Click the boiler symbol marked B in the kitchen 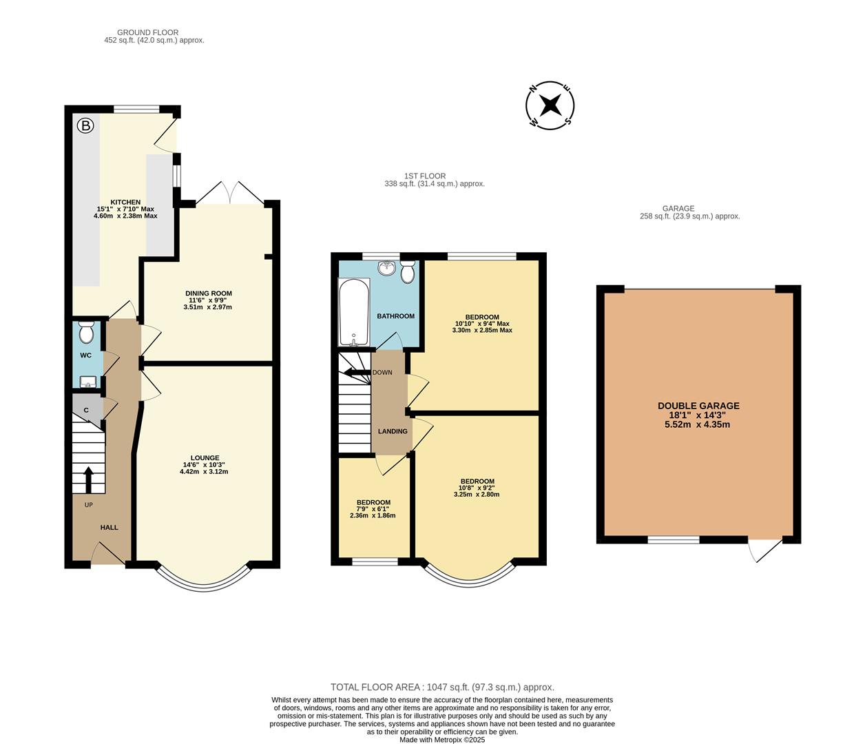[85, 125]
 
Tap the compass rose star [550, 105]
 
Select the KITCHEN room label [125, 203]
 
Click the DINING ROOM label [209, 293]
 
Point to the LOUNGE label [205, 458]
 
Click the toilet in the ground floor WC [87, 332]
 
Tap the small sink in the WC [87, 382]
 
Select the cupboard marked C [87, 411]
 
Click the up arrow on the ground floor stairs [88, 479]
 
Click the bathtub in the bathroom [354, 312]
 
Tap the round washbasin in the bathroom [387, 269]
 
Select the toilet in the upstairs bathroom [407, 271]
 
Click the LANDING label [393, 431]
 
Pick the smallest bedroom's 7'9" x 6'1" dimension [373, 509]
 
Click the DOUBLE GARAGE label [698, 406]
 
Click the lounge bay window [205, 585]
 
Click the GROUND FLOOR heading [147, 32]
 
